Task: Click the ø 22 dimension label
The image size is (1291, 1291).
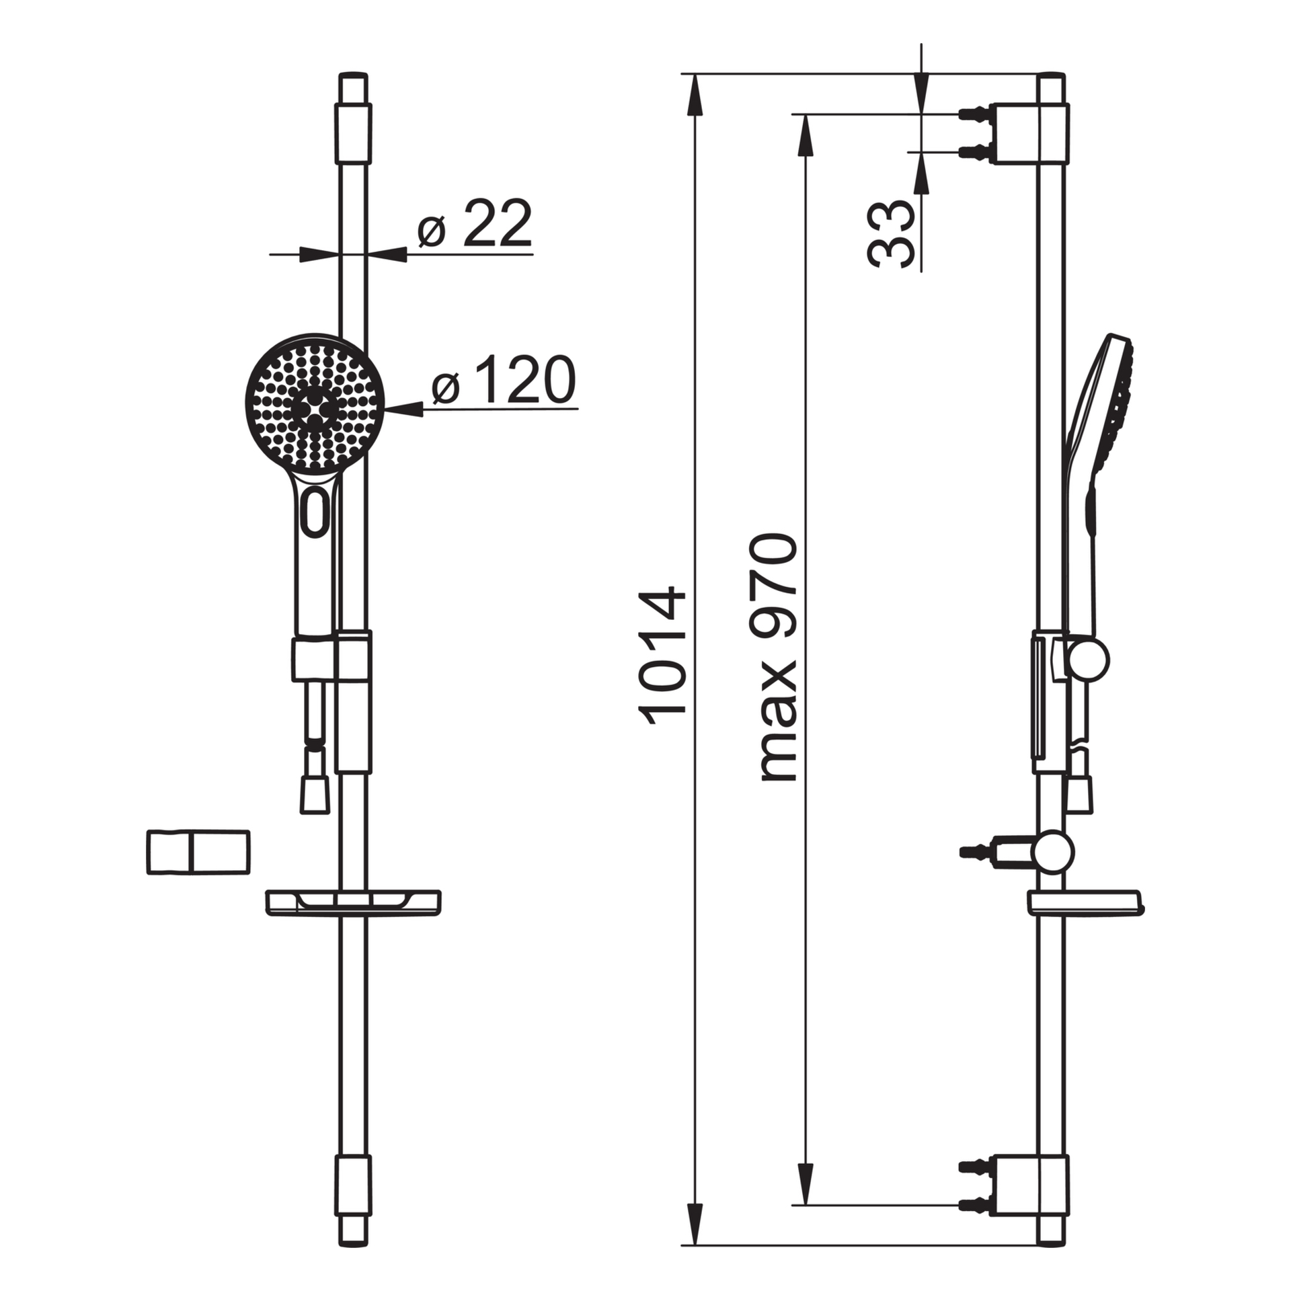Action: coord(474,223)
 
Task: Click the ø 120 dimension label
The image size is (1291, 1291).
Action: coord(504,380)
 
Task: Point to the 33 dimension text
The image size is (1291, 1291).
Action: coord(892,234)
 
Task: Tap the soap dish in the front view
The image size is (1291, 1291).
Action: coord(354,903)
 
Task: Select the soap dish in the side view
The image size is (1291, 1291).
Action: coord(1085,903)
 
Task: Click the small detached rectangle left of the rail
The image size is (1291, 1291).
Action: coord(198,853)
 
